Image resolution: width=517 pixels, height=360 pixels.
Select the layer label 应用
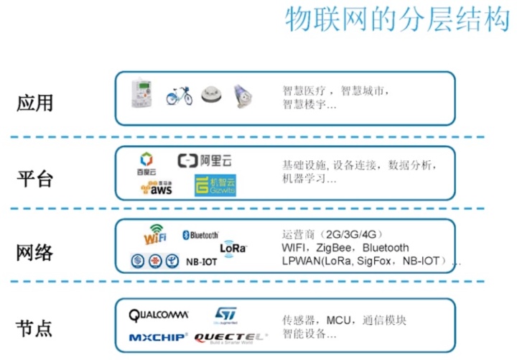(x=35, y=102)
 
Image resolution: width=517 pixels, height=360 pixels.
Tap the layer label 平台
(x=35, y=177)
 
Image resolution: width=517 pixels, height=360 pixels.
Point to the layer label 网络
(x=35, y=253)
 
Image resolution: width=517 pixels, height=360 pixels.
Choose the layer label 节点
(x=35, y=328)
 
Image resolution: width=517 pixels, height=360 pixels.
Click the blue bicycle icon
(x=178, y=94)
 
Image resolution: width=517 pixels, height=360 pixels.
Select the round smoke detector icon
(x=210, y=93)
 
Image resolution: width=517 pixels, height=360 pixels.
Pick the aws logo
(x=157, y=188)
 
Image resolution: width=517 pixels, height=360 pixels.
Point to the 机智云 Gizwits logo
(x=215, y=186)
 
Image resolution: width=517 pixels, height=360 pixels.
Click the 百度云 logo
(x=147, y=163)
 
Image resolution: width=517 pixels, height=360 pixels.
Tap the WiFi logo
(x=156, y=235)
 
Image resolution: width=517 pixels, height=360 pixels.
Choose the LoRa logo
(x=233, y=247)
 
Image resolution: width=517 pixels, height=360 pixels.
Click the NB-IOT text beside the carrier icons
(x=201, y=262)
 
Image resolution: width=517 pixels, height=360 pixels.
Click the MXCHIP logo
(x=158, y=336)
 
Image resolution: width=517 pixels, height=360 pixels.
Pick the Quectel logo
(x=230, y=336)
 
